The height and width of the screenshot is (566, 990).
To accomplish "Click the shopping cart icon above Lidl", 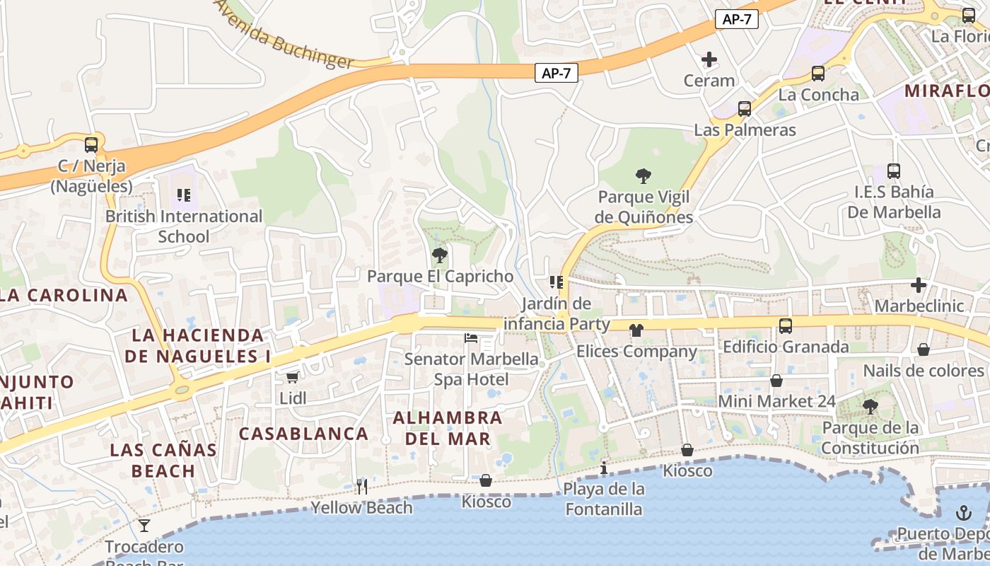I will coord(292,378).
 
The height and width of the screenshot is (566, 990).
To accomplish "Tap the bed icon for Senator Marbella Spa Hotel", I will coord(471,338).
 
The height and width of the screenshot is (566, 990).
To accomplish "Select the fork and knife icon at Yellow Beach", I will coord(362,486).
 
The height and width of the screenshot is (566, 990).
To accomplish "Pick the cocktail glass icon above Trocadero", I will coord(144,525).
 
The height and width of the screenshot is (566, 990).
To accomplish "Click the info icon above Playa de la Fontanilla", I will coord(604,468).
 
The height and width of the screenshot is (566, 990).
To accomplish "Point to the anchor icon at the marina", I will coord(964,513).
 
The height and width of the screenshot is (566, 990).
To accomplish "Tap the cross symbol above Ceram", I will coord(709,59).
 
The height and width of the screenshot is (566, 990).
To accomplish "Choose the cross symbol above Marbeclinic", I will coord(919,285).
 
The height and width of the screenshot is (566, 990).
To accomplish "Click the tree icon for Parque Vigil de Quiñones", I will coord(643,175).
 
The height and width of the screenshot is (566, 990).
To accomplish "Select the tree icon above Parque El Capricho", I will coord(440,255).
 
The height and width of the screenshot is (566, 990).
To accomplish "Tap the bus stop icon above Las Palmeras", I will coord(745,109).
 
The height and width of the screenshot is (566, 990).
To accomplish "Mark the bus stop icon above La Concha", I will coord(818,73).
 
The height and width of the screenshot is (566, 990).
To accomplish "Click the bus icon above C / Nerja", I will coord(91,145).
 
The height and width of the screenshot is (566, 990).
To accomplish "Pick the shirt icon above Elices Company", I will coord(636,330).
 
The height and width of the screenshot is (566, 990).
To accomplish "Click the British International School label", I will coord(184,226).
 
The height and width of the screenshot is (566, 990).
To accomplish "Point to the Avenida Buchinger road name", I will coord(284,36).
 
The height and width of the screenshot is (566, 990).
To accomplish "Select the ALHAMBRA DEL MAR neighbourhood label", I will coord(448,428).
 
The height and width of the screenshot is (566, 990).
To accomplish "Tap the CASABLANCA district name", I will coord(303,434).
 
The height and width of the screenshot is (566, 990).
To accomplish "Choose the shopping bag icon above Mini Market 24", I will coord(776,381).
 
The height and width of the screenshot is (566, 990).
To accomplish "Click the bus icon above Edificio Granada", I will coord(786,326).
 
